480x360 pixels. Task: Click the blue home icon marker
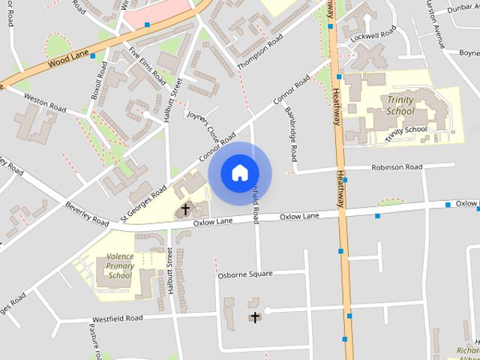coord(239,173)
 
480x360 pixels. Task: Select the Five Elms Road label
coord(147,65)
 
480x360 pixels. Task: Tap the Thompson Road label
coord(260,52)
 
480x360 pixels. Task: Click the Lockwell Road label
coord(372,34)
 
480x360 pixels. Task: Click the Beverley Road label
coord(88,214)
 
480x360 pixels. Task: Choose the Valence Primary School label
coord(119,265)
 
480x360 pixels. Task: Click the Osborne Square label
coord(244,274)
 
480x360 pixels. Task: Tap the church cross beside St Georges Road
coord(185,209)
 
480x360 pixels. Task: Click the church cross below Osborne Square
coord(255,317)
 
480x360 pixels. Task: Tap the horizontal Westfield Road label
coord(112,318)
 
